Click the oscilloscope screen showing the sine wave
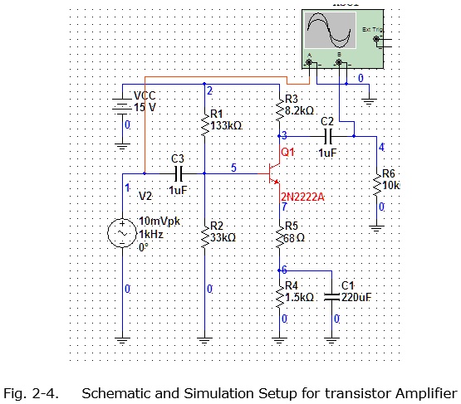(331, 32)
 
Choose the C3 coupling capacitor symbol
(176, 173)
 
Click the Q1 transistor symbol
(272, 174)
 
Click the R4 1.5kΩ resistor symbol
(279, 294)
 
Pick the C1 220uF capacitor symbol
(331, 294)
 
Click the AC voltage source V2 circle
(123, 234)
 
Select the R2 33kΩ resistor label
(223, 231)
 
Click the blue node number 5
(233, 168)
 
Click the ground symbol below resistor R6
(378, 222)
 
